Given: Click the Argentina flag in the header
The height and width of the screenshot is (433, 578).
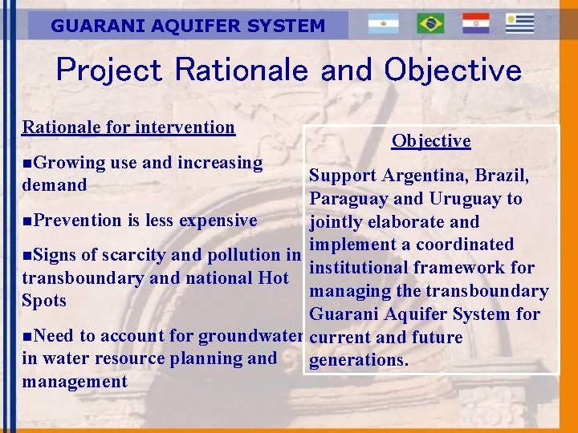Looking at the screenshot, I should [383, 24].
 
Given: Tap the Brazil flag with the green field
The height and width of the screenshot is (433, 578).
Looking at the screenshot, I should [430, 24].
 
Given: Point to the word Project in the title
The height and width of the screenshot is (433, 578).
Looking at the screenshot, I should [110, 71].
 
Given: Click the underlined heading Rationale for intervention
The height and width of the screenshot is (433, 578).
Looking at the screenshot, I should [128, 127].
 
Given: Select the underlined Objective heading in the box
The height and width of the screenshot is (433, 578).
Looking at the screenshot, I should [431, 141].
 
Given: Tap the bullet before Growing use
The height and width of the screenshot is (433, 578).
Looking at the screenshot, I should [28, 163].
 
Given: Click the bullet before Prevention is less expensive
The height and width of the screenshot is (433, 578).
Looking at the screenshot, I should [28, 221].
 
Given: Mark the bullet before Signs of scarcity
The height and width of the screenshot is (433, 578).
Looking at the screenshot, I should [28, 256].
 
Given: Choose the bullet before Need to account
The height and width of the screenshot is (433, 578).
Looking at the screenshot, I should [28, 336].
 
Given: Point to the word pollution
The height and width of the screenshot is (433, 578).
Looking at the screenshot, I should [242, 256].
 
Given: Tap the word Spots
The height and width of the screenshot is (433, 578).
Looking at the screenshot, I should [44, 301].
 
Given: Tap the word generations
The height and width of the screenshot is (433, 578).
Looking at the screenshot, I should [359, 361].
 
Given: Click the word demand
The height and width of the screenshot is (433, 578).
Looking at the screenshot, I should [55, 185].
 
